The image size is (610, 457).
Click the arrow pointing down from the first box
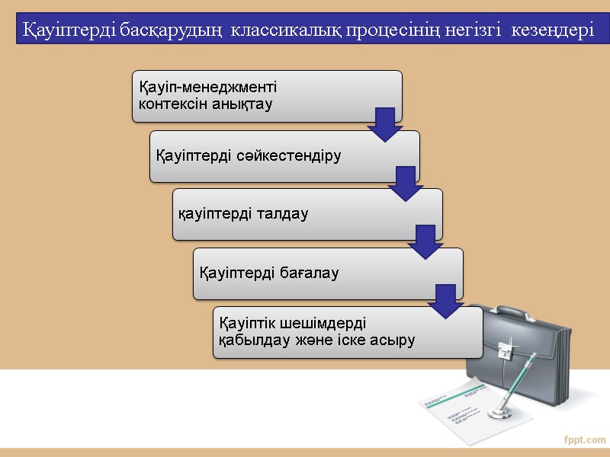tap(385, 124)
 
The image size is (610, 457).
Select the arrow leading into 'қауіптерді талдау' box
tap(406, 184)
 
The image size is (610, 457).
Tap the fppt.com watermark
tap(585, 439)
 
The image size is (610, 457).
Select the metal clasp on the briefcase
tap(506, 350)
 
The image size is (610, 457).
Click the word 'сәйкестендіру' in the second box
tap(298, 156)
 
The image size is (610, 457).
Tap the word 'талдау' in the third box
tap(284, 215)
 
